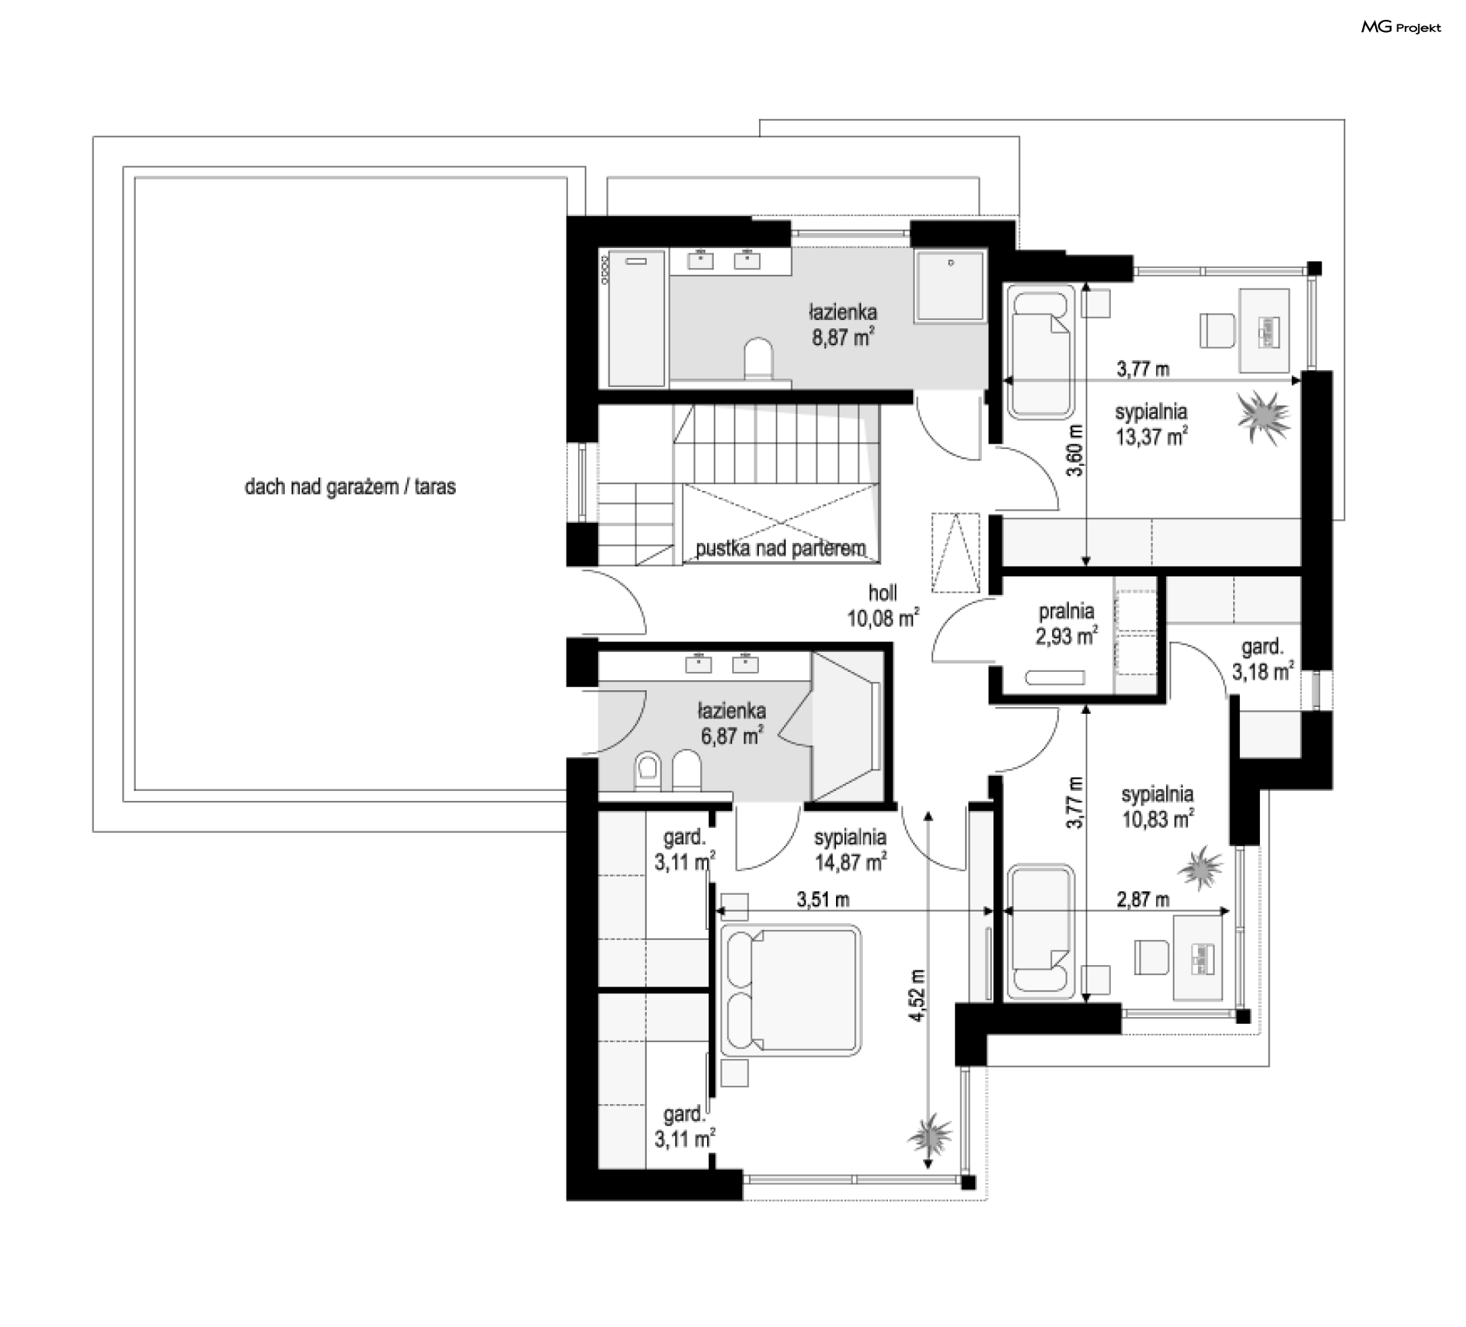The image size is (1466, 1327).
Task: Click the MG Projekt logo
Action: [1401, 27]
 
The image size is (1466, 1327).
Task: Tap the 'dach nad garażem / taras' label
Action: [350, 487]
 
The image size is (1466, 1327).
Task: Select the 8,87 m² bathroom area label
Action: [843, 324]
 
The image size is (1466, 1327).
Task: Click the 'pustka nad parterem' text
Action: [780, 548]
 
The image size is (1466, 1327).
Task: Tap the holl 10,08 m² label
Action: [883, 605]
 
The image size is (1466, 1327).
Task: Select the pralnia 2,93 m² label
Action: [1067, 623]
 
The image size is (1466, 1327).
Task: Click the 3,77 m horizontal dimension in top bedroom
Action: [1143, 370]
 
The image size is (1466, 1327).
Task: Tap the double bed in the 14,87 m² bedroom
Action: [790, 991]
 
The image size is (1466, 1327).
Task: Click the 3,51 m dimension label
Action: [823, 900]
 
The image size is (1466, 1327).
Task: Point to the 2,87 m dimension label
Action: [1143, 900]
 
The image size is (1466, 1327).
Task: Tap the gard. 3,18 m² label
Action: [1263, 659]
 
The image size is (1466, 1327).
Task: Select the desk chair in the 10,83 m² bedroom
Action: [1151, 957]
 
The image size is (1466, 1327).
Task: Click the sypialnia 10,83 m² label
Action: [1158, 807]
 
